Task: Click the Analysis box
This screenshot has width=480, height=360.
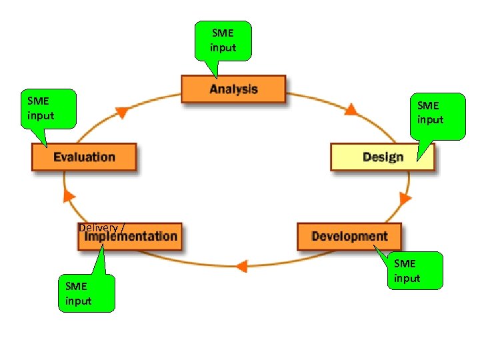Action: coord(233,89)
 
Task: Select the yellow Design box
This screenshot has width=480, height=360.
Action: coord(382,157)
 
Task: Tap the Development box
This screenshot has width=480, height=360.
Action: coord(349,237)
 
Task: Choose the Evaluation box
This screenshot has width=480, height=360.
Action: coord(84,157)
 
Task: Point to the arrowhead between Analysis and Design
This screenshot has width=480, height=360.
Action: coord(351,109)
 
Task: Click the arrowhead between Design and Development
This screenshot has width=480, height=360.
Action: coord(404,199)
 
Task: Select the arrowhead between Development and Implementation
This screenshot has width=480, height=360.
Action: coord(242,266)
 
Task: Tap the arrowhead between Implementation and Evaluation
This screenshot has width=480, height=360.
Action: coord(67,195)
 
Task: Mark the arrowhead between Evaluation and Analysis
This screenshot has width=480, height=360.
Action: coord(121,112)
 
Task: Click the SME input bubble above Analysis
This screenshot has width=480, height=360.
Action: coord(223,41)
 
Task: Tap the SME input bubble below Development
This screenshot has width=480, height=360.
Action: coord(415,271)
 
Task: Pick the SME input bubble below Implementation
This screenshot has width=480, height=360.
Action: coord(87,294)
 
